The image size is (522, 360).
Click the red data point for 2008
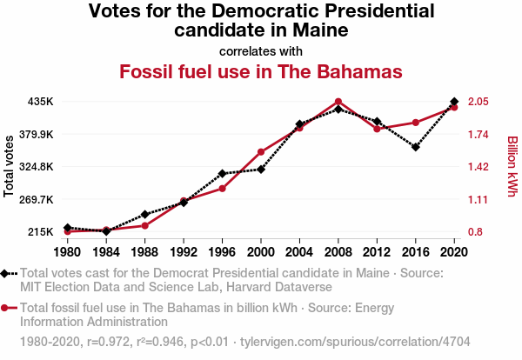click(x=338, y=102)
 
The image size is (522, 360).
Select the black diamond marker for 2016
click(x=416, y=147)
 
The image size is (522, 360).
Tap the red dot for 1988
click(x=144, y=226)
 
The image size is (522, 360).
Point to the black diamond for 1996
click(x=223, y=174)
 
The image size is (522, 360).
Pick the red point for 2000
click(x=261, y=152)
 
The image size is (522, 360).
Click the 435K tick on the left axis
click(x=40, y=102)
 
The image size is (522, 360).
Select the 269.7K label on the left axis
click(x=36, y=199)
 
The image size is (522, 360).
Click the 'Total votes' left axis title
click(x=9, y=165)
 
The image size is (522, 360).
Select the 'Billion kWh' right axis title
click(x=512, y=165)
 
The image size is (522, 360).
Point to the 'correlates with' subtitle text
click(x=261, y=50)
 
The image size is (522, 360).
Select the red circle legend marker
click(x=9, y=308)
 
